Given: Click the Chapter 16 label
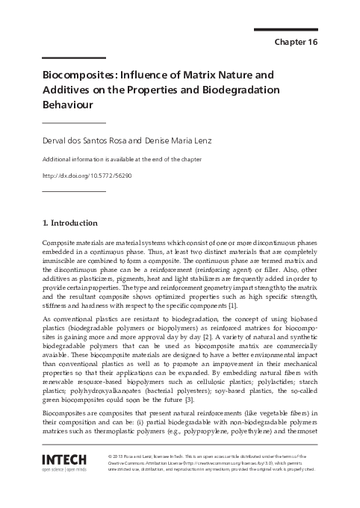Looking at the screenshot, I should coord(297,42).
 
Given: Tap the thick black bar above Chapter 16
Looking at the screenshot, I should coord(286,29).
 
